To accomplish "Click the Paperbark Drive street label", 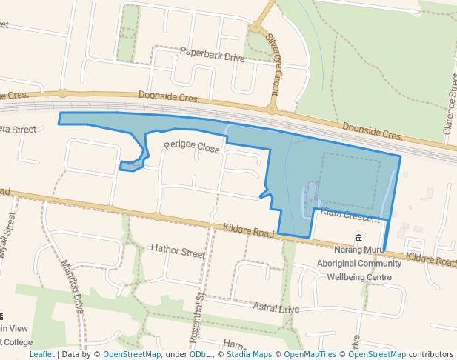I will tap(212, 56).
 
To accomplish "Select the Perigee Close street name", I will tap(192, 147).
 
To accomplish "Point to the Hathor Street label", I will tap(177, 253).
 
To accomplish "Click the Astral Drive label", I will tap(276, 308).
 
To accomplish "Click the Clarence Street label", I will tap(451, 103).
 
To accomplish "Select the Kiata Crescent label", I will tap(350, 216).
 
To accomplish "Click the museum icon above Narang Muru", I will tap(359, 239).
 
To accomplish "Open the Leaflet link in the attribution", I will tap(41, 354).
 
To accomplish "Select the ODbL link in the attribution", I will tap(200, 354).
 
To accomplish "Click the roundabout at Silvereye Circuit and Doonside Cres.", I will tap(272, 110).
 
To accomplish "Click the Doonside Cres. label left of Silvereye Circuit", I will tap(170, 98).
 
